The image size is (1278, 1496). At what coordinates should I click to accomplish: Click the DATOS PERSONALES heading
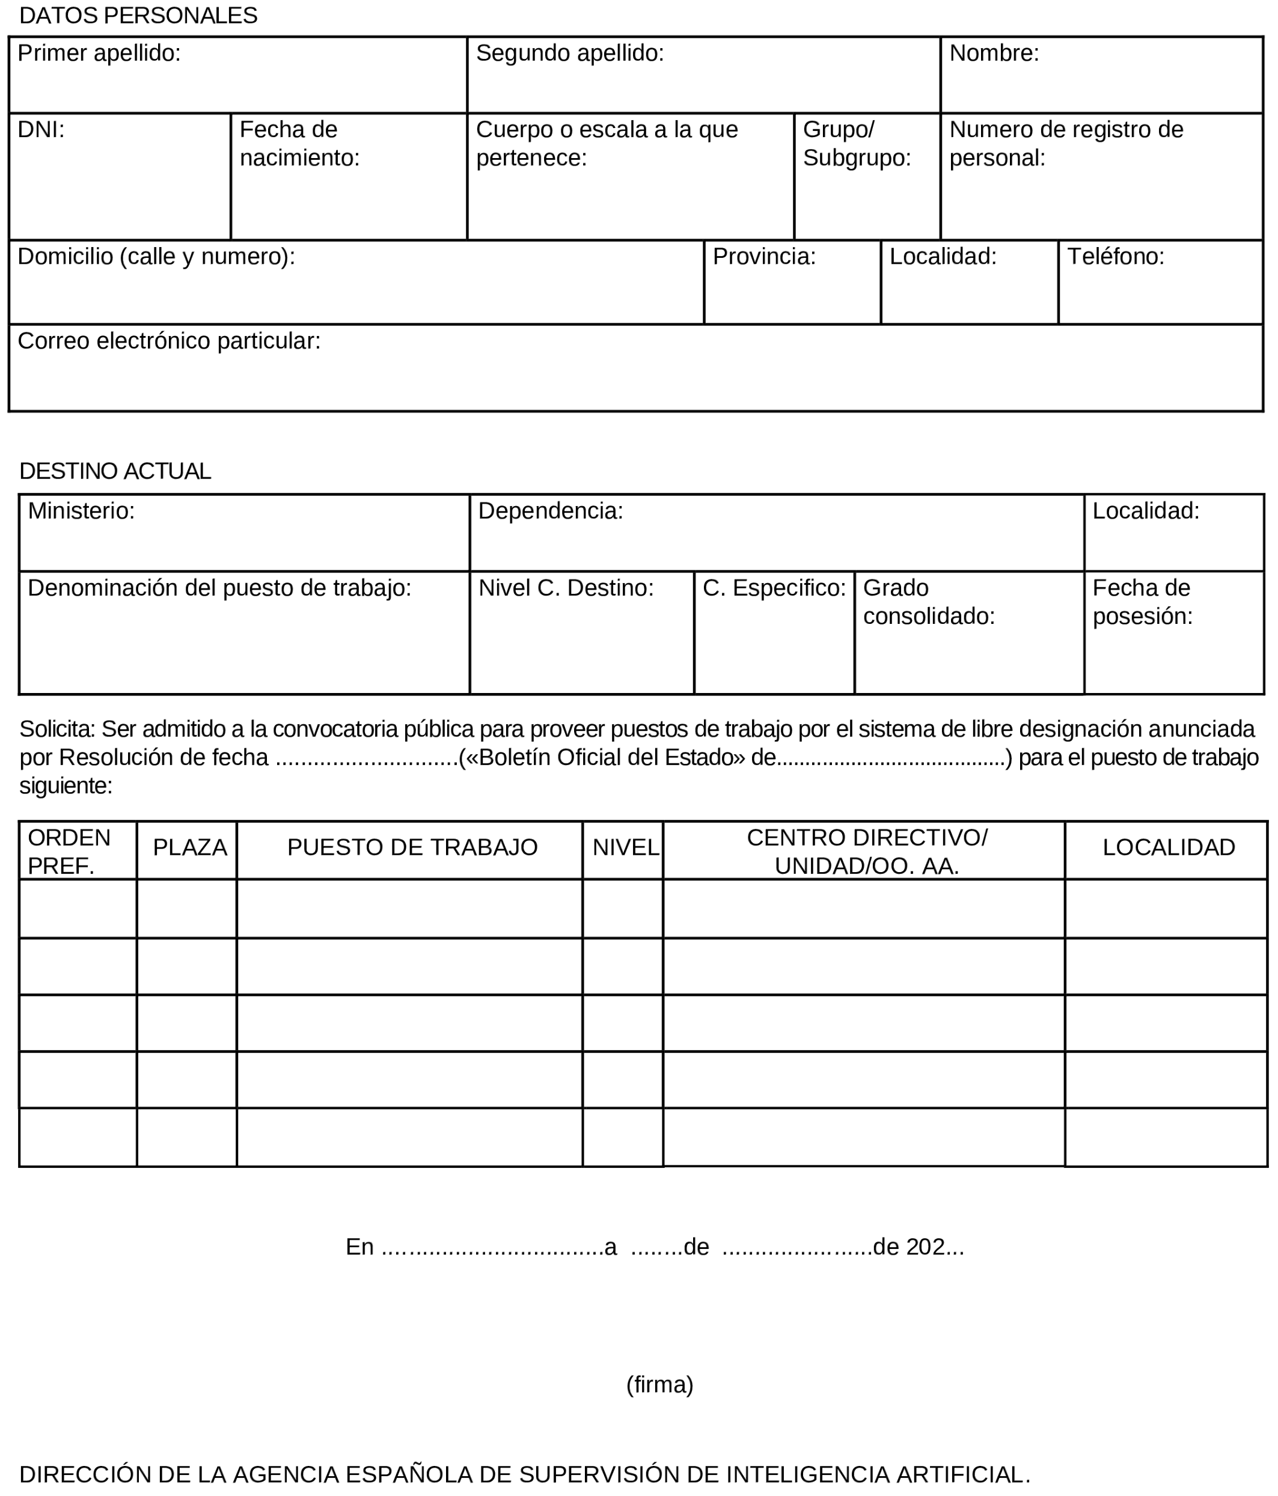(138, 16)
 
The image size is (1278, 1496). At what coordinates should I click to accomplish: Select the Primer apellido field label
(99, 53)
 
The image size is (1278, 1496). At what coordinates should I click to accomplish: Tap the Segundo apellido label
(570, 53)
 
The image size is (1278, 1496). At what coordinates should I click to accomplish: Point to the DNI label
(41, 130)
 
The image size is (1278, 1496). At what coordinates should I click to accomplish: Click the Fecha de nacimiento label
(299, 144)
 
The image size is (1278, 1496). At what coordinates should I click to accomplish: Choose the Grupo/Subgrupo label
(857, 144)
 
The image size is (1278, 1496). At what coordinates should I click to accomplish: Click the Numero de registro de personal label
(1066, 144)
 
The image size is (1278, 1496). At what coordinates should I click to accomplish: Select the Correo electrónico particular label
(169, 341)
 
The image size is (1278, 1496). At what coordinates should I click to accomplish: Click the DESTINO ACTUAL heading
(115, 471)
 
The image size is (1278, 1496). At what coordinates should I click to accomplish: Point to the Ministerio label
(81, 511)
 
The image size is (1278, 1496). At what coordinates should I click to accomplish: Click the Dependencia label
(550, 511)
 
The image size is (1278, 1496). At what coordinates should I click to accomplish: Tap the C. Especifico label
(774, 588)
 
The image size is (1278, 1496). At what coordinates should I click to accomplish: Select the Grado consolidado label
(929, 602)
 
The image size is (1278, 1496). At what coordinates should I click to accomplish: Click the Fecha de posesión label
(1142, 602)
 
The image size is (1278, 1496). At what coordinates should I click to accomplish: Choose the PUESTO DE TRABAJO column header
(412, 847)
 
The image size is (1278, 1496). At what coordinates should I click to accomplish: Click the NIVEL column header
(626, 847)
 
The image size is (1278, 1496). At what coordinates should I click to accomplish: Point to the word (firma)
(659, 1385)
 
